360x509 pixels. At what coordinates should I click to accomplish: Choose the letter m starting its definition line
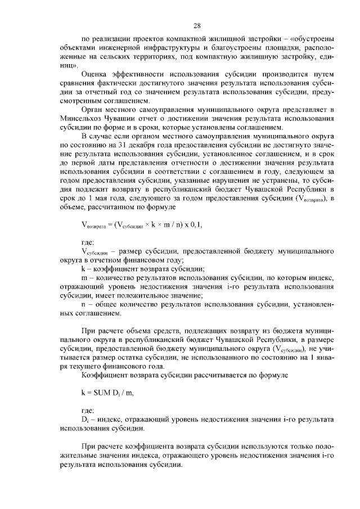(x=84, y=277)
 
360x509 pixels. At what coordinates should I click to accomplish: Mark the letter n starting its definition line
(x=84, y=304)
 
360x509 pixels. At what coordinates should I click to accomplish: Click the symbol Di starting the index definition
(x=85, y=420)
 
